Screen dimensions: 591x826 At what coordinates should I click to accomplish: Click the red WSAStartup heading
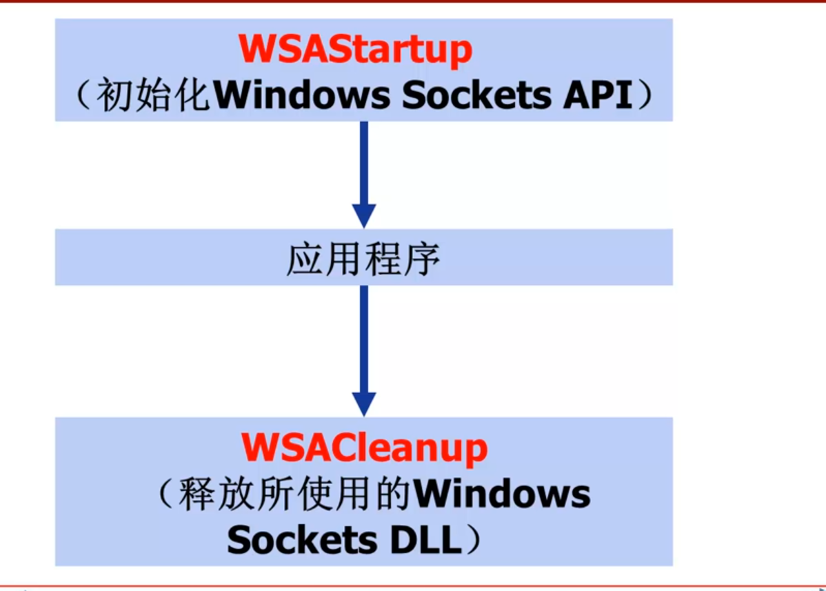coord(356,50)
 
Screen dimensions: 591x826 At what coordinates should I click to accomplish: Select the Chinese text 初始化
coord(152,96)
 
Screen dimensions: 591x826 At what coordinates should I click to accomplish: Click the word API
coord(598,96)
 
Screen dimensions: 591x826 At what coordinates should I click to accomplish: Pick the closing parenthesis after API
coord(643,97)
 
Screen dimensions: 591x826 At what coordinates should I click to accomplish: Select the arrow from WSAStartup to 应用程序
coord(363,172)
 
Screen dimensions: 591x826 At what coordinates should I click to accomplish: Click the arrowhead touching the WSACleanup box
coord(363,403)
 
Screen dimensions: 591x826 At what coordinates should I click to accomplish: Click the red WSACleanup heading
coord(364,448)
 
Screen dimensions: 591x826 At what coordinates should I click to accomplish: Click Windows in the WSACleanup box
coord(502,494)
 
